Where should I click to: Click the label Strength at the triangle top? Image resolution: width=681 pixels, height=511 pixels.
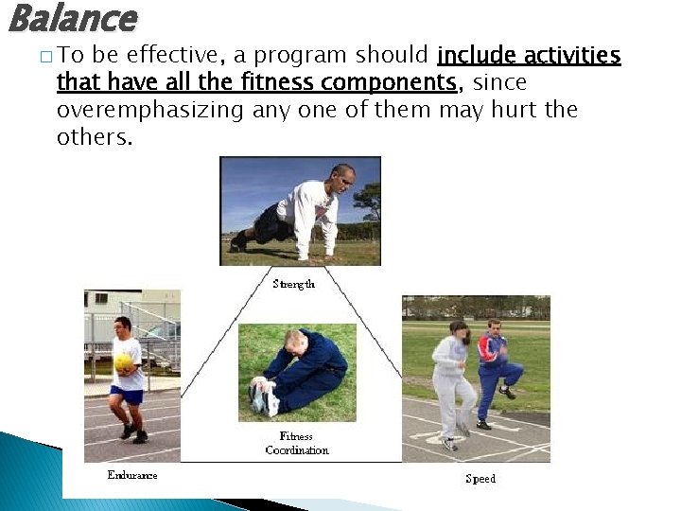click(x=294, y=284)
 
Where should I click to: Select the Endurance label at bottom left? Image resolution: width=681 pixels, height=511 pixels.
click(x=132, y=476)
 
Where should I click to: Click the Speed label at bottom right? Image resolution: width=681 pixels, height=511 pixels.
click(x=480, y=479)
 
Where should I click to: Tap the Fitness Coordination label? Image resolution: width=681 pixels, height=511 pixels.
click(x=297, y=443)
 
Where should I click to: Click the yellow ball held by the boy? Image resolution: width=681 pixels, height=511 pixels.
click(x=124, y=362)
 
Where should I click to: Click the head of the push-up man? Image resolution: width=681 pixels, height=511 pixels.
click(x=343, y=179)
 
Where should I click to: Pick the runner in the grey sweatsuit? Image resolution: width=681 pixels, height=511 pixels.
click(x=452, y=379)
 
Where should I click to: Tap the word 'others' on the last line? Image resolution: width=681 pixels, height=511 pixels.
click(x=92, y=136)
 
